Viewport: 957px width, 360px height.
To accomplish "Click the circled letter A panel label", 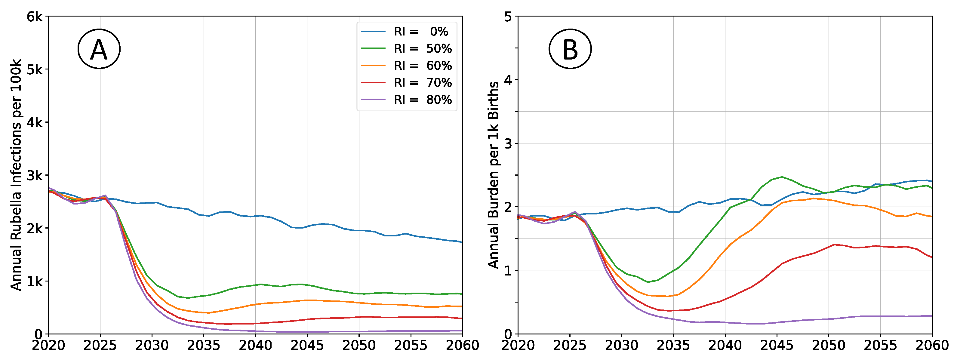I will point(99,49).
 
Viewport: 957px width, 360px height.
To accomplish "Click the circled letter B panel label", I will point(570,49).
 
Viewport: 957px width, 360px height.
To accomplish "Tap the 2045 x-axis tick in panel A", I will point(307,346).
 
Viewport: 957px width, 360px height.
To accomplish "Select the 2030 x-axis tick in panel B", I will point(622,346).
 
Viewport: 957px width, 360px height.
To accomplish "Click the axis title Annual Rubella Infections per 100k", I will point(16,175).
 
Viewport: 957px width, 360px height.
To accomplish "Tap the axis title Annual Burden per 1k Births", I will point(493,175).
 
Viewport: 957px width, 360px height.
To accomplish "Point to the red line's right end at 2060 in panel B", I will point(931,257).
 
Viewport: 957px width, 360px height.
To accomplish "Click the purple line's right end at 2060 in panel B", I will point(931,316).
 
